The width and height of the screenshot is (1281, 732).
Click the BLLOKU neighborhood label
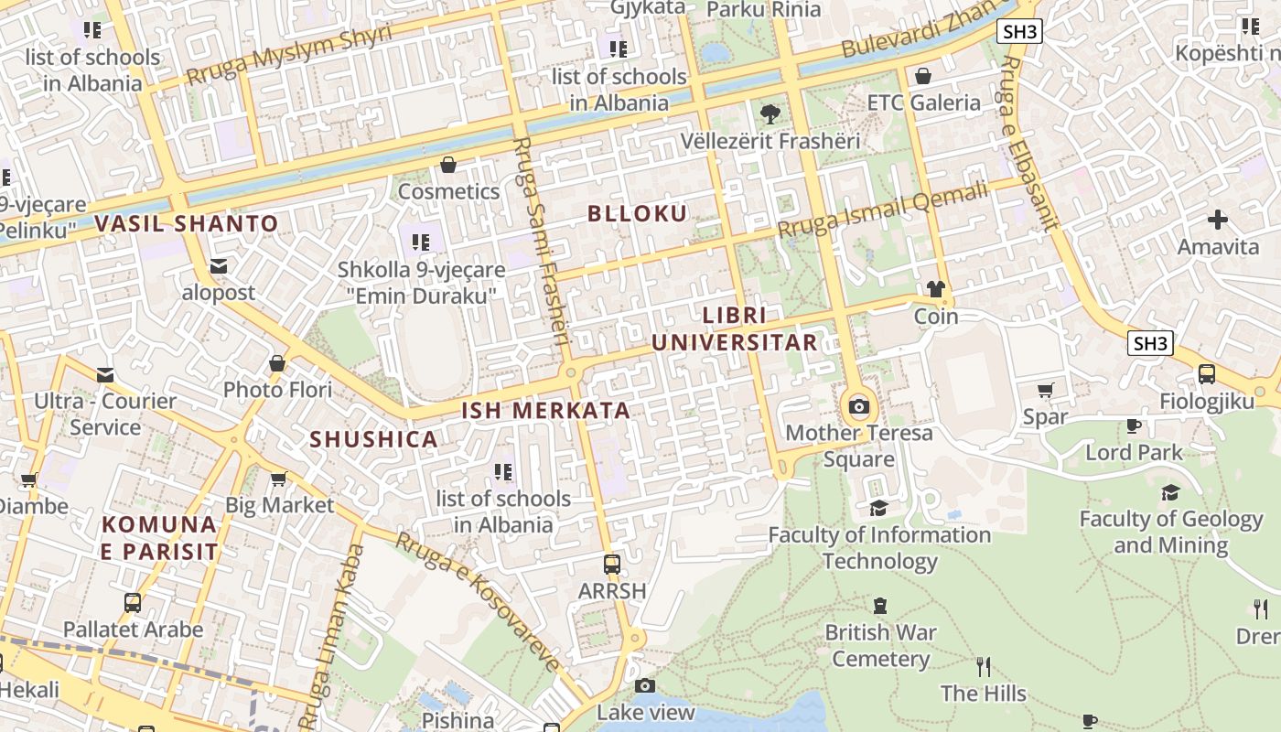[637, 214]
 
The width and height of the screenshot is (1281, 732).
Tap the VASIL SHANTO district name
[187, 223]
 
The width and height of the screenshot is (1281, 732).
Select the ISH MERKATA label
[546, 411]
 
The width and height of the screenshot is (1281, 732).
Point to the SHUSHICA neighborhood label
[373, 439]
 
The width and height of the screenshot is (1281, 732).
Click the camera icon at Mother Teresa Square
[858, 406]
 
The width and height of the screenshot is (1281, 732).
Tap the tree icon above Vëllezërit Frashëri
[770, 114]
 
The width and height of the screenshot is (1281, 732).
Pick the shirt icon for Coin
[935, 290]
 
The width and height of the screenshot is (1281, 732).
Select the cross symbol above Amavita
[1218, 220]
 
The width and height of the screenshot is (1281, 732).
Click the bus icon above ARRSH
[612, 564]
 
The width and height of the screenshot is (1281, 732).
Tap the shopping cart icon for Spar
[1046, 390]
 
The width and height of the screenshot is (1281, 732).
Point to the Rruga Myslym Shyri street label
[289, 55]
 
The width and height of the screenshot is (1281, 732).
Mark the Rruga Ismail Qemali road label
[883, 210]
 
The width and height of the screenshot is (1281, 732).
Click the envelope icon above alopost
[219, 266]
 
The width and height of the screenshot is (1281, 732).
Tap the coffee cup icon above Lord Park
[1134, 425]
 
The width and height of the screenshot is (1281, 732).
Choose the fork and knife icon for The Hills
[984, 666]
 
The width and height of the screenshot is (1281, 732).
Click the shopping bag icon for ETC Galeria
[923, 76]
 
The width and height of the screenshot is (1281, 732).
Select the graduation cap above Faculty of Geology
[1170, 493]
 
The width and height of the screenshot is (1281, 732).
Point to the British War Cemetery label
[880, 645]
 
